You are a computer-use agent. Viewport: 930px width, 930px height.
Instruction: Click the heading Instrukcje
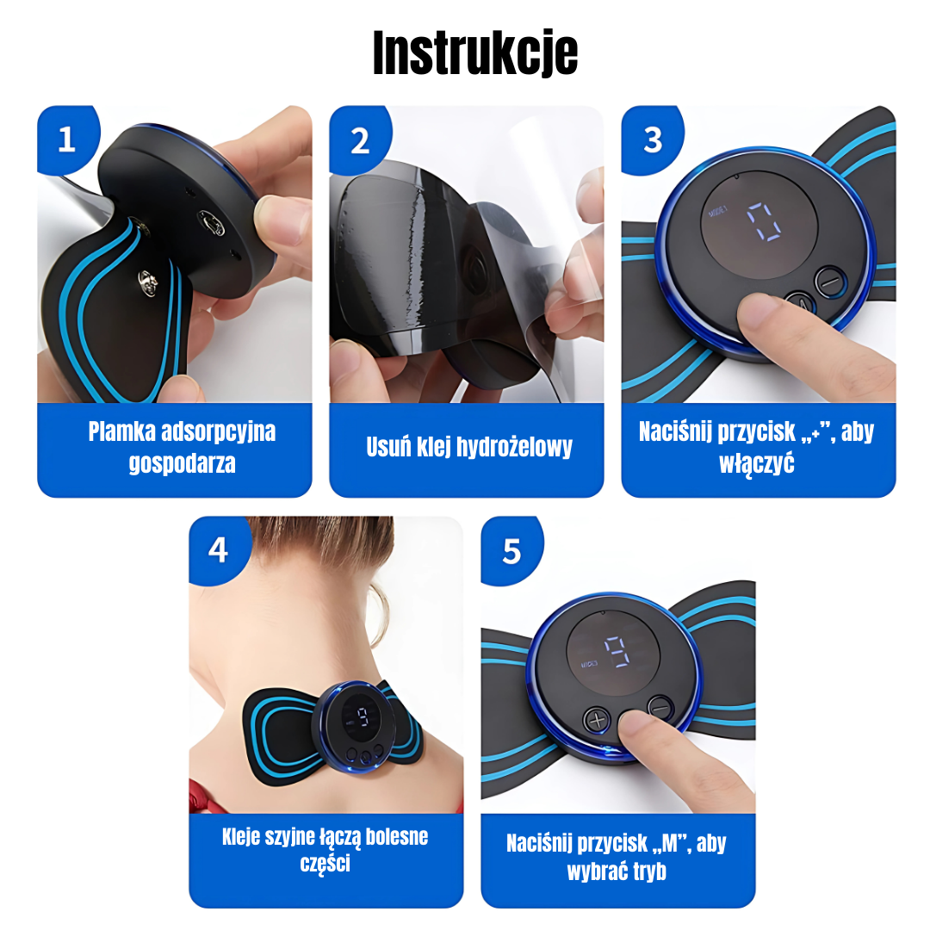(475, 53)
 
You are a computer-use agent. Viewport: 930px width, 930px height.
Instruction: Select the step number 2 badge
(359, 140)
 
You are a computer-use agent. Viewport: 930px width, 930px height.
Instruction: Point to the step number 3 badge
(652, 140)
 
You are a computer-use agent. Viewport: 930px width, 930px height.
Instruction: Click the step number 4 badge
(218, 549)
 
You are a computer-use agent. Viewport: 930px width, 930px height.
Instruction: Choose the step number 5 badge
(512, 551)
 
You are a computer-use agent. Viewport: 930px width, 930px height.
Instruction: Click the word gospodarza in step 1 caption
(182, 463)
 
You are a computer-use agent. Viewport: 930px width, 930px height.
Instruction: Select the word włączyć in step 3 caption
(756, 463)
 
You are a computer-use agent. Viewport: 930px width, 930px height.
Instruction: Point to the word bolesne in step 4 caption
(397, 836)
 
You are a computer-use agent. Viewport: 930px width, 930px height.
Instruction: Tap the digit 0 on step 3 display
(763, 221)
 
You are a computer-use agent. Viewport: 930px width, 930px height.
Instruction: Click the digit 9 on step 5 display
(617, 652)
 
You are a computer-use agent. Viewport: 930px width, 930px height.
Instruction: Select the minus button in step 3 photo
(830, 281)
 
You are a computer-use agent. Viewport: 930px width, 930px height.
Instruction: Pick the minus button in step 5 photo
(660, 708)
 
